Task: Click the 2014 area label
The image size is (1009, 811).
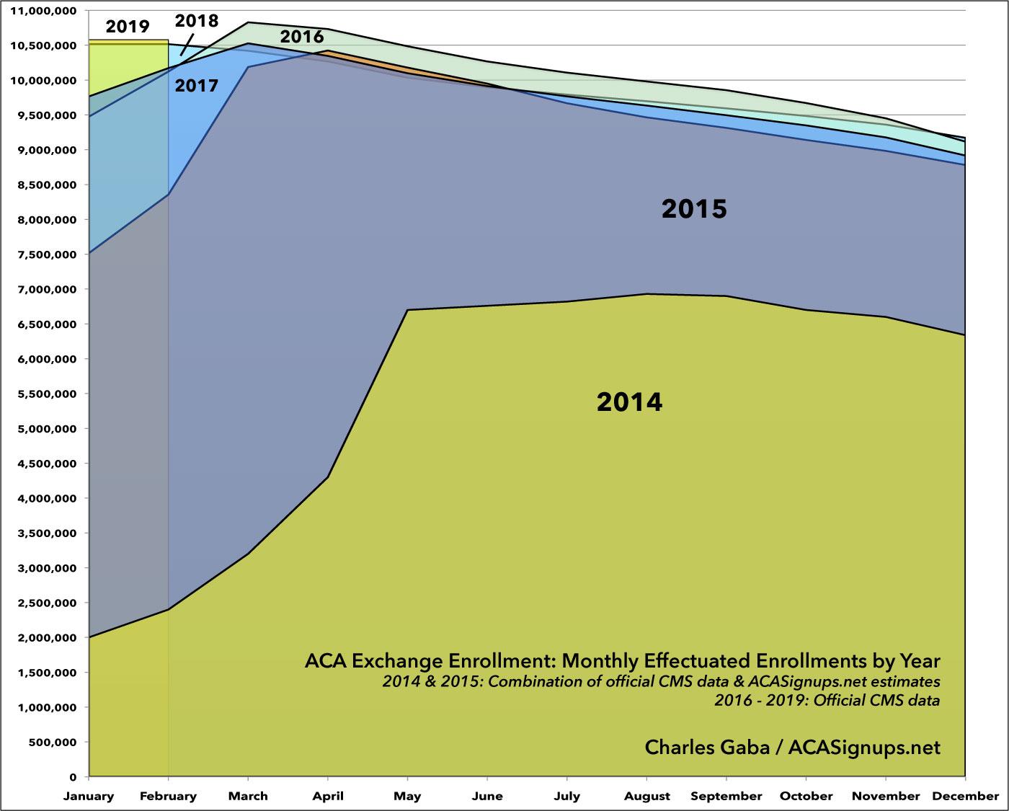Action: (629, 402)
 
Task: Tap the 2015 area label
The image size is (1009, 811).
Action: (694, 209)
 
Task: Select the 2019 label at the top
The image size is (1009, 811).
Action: (127, 27)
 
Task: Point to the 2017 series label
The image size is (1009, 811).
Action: (197, 87)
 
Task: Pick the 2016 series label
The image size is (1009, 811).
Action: (302, 37)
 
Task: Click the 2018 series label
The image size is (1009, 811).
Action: (197, 20)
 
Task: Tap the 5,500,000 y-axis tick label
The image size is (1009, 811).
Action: (47, 394)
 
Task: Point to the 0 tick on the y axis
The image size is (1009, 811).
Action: (74, 777)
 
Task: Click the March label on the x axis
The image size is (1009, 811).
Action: (248, 797)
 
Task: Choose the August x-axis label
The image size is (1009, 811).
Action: (646, 797)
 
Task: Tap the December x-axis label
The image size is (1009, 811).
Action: (965, 797)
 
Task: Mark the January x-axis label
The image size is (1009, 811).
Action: (89, 797)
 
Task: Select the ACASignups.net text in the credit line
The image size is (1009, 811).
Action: (864, 748)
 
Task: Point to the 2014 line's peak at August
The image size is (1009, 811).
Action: (646, 294)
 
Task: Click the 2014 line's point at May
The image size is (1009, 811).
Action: (408, 310)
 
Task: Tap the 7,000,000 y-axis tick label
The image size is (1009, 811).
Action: (47, 290)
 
